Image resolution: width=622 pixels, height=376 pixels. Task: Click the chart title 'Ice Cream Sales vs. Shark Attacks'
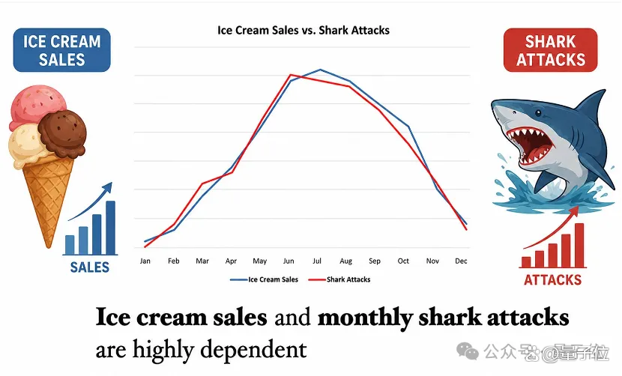click(x=304, y=30)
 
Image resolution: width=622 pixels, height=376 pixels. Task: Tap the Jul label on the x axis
click(x=317, y=261)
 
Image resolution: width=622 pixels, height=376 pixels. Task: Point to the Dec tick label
click(x=461, y=261)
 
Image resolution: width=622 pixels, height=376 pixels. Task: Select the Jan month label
click(x=145, y=261)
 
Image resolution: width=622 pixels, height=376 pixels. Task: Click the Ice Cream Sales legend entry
click(x=265, y=279)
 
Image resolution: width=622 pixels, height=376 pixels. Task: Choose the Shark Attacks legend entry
click(x=339, y=279)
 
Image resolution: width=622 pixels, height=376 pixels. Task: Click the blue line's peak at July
click(x=321, y=70)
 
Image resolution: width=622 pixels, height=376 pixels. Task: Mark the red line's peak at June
click(x=291, y=75)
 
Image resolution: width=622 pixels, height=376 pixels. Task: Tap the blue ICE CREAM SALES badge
click(x=62, y=50)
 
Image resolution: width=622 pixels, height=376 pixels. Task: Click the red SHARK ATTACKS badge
click(x=551, y=50)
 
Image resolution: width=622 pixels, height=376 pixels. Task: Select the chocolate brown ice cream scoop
click(x=63, y=133)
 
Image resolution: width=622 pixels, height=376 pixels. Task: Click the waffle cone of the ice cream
click(x=49, y=194)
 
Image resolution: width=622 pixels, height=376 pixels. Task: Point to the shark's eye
click(x=538, y=113)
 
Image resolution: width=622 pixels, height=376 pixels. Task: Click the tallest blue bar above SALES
click(x=111, y=228)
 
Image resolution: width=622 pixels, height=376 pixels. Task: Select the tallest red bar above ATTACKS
click(x=579, y=245)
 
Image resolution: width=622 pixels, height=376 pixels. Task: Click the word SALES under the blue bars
click(x=90, y=267)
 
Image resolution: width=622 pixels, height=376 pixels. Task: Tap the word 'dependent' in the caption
click(x=253, y=350)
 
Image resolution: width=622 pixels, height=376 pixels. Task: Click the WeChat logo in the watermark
click(x=468, y=351)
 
